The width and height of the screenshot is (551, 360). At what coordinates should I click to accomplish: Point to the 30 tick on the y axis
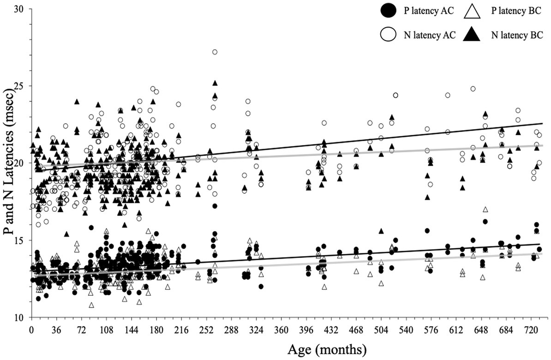click(19, 9)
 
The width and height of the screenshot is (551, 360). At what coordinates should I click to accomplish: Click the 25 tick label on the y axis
click(19, 86)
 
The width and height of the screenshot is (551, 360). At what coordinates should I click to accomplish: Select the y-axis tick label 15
click(19, 240)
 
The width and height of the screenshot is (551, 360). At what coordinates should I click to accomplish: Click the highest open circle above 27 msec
click(215, 52)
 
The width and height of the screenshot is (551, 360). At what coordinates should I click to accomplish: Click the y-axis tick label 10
click(19, 318)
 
